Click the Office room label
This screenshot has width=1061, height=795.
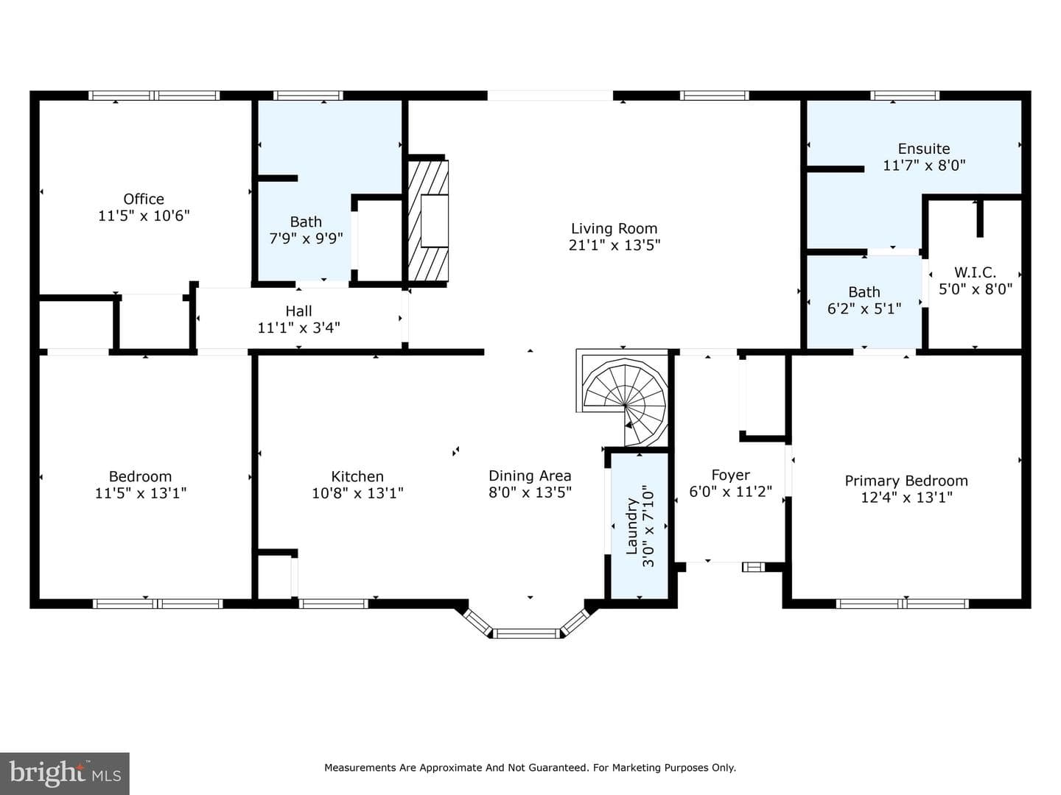tap(144, 199)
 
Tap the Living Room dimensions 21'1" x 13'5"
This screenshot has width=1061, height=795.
tap(614, 245)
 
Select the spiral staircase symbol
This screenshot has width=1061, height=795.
tap(624, 400)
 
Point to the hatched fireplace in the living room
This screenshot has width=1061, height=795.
tap(428, 221)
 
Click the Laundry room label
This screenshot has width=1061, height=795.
tap(632, 526)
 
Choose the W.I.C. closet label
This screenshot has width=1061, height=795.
tap(975, 272)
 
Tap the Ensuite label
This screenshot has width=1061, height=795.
tap(924, 149)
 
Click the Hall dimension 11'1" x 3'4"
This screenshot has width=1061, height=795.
tap(298, 328)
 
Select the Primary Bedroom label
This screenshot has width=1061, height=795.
tap(906, 481)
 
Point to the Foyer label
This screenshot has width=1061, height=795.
tap(730, 476)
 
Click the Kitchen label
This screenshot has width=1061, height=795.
tap(357, 476)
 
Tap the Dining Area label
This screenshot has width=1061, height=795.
tap(530, 476)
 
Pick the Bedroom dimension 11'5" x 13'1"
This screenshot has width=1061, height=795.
tap(141, 493)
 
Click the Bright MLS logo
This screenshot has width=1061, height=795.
tap(65, 773)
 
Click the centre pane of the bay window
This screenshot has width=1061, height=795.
tap(526, 633)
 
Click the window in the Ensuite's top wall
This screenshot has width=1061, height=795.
tap(905, 96)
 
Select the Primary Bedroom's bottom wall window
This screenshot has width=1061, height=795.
tap(902, 604)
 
